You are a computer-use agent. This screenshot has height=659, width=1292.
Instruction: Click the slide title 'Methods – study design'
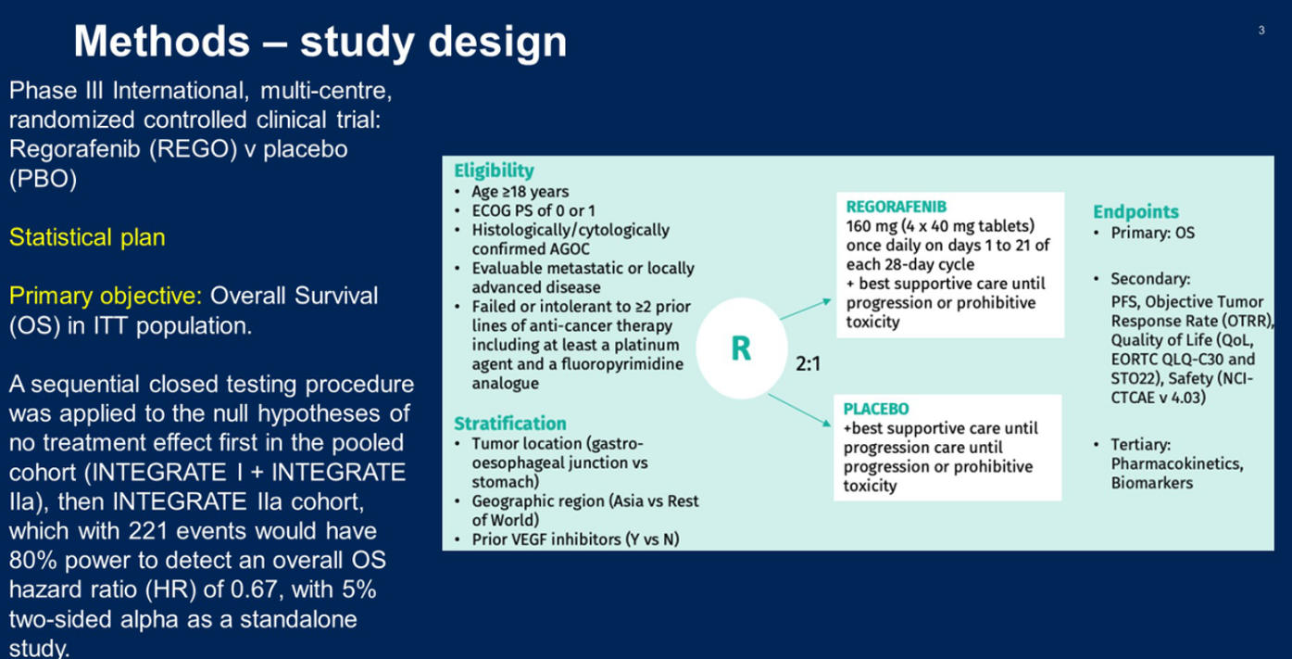(x=320, y=42)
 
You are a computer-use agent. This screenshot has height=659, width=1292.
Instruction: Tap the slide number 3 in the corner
(x=1261, y=30)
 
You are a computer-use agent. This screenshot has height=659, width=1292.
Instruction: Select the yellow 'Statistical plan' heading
(x=87, y=237)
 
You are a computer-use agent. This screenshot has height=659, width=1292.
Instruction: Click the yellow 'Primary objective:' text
(x=106, y=296)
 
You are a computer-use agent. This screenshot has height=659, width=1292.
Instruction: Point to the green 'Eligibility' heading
(x=494, y=171)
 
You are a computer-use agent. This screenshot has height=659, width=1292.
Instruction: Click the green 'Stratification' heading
(x=510, y=424)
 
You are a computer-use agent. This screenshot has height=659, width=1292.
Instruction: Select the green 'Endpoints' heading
(x=1135, y=211)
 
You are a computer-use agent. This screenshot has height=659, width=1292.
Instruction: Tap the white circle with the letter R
(x=741, y=348)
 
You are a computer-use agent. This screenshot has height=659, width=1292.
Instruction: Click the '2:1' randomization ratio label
(x=808, y=363)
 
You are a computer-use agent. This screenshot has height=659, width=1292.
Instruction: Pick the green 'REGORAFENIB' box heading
(x=897, y=207)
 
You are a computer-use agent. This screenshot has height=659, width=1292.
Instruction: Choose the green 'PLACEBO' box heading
(x=875, y=409)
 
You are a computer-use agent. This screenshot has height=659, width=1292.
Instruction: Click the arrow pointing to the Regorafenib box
(x=806, y=309)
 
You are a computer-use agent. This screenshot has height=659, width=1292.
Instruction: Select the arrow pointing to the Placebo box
(x=799, y=411)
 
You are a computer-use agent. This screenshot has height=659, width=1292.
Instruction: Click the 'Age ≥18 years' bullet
(x=521, y=192)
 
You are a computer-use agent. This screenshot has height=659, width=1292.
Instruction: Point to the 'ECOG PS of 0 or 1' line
(x=533, y=210)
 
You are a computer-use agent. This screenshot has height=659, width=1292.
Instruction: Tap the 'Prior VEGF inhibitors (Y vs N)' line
(x=576, y=539)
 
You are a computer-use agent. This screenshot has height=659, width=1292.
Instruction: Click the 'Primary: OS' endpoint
(x=1152, y=234)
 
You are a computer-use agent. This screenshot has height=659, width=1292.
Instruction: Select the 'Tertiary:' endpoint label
(x=1141, y=445)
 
